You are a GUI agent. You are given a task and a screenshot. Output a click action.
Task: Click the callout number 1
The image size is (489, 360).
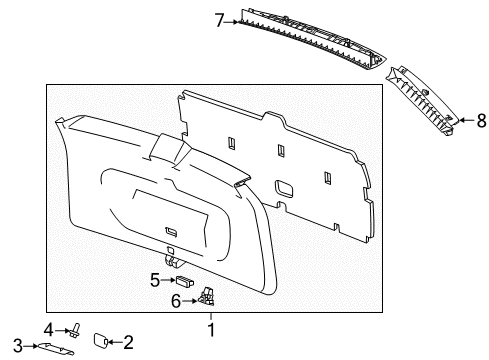pos(211,329)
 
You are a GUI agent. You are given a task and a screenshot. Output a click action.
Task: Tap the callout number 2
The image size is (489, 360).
pos(127,342)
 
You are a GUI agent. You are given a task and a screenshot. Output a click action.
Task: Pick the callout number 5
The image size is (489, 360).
pos(155,279)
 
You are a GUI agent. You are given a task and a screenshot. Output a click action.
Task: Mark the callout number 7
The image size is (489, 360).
pos(218,17)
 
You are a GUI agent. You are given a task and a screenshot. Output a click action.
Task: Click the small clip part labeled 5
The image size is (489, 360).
pos(182,281)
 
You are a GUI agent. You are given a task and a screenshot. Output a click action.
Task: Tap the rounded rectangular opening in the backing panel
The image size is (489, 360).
pos(284,187)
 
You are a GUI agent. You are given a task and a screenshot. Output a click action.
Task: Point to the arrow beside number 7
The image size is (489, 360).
pos(231,17)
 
